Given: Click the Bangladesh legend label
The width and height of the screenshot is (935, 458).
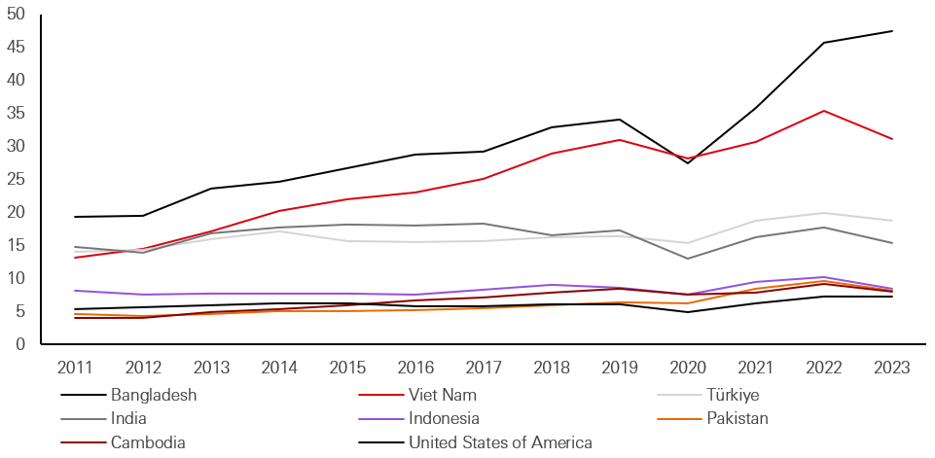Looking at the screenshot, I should click(154, 395).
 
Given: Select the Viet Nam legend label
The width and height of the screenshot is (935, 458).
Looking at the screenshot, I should click(443, 395).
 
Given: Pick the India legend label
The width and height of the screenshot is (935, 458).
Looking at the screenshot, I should click(129, 419).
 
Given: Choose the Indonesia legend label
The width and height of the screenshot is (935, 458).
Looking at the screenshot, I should click(445, 419).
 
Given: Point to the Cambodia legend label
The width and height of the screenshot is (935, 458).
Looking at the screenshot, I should click(148, 443).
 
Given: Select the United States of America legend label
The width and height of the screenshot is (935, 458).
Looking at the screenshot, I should click(500, 443).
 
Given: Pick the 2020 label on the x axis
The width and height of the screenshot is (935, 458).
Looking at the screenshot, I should click(688, 368).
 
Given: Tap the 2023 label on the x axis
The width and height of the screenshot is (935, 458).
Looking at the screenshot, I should click(892, 368).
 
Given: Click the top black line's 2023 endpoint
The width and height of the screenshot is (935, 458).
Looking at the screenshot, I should click(892, 31).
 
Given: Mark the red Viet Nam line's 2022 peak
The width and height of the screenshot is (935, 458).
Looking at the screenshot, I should click(824, 111).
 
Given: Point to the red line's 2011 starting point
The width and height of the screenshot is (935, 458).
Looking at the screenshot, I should click(74, 258).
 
